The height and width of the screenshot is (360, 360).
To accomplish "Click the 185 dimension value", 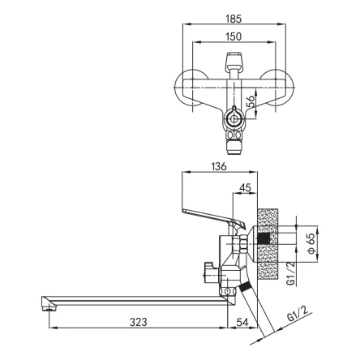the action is tap(234, 19).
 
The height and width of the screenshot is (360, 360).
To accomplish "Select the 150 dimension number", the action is tap(234, 36).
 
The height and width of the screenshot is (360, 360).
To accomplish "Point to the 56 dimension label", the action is tap(251, 102).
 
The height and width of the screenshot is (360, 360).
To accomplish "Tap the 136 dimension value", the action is tap(219, 166).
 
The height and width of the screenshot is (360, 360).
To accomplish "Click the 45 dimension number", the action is tap(245, 187).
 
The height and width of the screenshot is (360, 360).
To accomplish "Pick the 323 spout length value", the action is tap(139, 322).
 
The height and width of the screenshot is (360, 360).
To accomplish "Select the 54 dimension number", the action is tap(242, 322).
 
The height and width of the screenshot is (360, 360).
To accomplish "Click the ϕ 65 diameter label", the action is tap(311, 243).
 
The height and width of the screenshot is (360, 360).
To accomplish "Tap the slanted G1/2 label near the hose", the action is tap(298, 315).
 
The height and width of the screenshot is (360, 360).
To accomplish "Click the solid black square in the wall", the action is tap(264, 238).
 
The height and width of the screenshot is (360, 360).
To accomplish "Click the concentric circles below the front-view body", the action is tap(234, 118).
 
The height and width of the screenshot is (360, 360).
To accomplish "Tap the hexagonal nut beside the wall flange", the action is tap(242, 244).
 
